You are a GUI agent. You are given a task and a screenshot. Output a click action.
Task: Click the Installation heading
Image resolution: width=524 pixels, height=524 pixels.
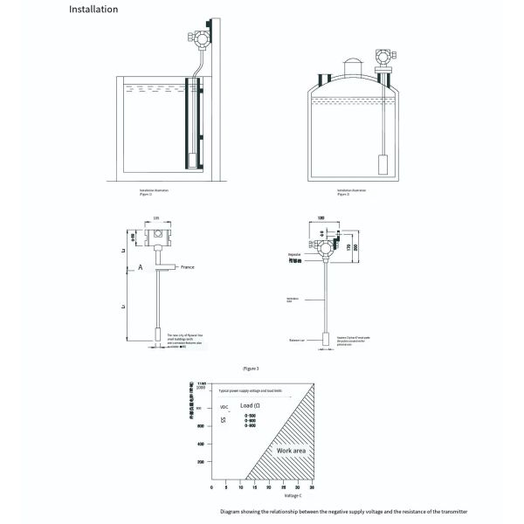[x=93, y=10]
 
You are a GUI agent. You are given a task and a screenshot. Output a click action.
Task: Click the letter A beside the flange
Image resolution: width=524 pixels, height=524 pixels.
[x=128, y=271]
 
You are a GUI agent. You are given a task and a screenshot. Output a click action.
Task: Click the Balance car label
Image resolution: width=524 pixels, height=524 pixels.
[x=295, y=340]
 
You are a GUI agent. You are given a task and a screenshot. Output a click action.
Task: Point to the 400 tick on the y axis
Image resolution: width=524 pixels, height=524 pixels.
[x=200, y=444]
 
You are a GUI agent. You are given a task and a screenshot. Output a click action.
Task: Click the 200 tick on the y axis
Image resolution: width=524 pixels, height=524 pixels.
[x=200, y=461]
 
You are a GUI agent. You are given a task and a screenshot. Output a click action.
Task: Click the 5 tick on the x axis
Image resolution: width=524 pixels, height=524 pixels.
[x=226, y=487]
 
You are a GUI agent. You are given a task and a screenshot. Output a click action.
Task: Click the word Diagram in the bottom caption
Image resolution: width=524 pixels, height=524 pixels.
[x=230, y=511]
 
